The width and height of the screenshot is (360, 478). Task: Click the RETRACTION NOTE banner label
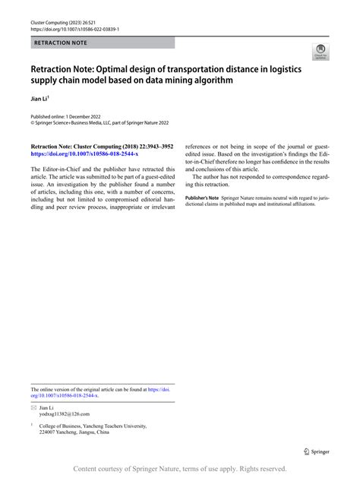60,43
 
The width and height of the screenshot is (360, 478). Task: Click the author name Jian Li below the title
39,98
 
